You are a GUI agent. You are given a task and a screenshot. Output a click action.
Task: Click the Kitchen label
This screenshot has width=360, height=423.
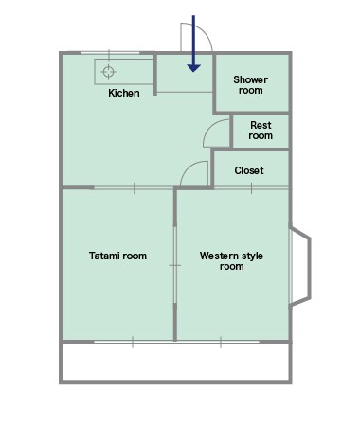pyautogui.click(x=124, y=93)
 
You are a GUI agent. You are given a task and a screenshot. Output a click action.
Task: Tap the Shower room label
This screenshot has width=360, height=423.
pyautogui.click(x=250, y=85)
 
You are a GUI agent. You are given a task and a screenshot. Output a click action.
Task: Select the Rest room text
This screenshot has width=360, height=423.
pyautogui.click(x=261, y=131)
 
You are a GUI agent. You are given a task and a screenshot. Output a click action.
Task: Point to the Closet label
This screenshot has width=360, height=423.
pyautogui.click(x=249, y=170)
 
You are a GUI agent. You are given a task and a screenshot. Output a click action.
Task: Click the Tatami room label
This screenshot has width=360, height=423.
pyautogui.click(x=117, y=256)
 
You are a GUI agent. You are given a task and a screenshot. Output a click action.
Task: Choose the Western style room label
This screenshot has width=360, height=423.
pyautogui.click(x=231, y=260)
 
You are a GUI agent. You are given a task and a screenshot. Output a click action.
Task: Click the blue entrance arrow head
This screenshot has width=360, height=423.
pyautogui.click(x=193, y=68)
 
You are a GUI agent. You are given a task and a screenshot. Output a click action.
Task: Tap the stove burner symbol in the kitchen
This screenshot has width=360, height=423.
pyautogui.click(x=108, y=72)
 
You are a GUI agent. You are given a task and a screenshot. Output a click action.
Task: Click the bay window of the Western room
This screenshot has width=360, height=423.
pyautogui.click(x=300, y=266)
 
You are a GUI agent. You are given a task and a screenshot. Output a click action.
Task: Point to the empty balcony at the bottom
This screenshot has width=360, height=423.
pyautogui.click(x=175, y=361)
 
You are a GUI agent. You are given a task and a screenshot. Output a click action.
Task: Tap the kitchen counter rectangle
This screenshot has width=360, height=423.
pyautogui.click(x=124, y=72)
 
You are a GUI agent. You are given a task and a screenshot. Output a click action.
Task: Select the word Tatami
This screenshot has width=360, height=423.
pyautogui.click(x=103, y=256)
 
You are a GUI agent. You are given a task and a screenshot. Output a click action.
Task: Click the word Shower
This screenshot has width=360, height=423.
pyautogui.click(x=250, y=79)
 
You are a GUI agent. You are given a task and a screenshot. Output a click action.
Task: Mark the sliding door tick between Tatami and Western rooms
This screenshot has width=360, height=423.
pyautogui.click(x=174, y=265)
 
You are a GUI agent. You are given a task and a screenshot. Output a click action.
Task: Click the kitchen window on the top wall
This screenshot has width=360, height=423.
pyautogui.click(x=110, y=53)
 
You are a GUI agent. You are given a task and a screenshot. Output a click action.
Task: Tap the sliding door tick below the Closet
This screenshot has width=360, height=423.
pyautogui.click(x=251, y=188)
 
